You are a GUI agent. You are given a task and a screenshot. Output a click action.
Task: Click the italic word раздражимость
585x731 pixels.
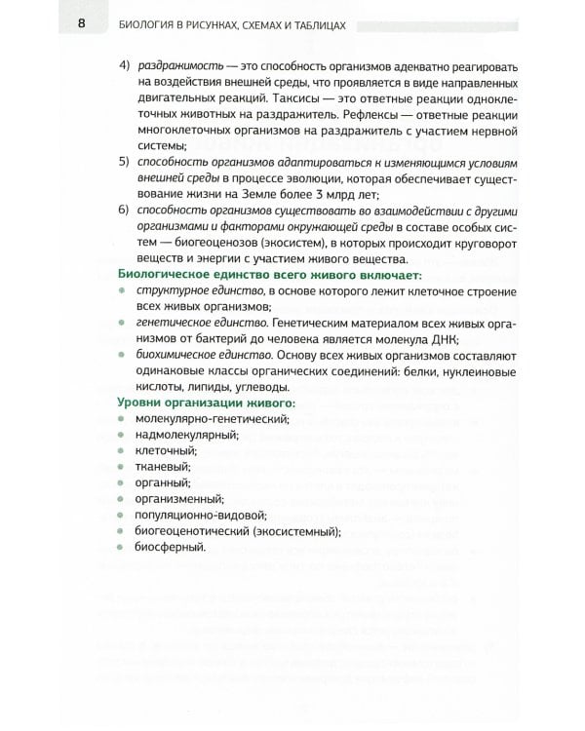[176, 65]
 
